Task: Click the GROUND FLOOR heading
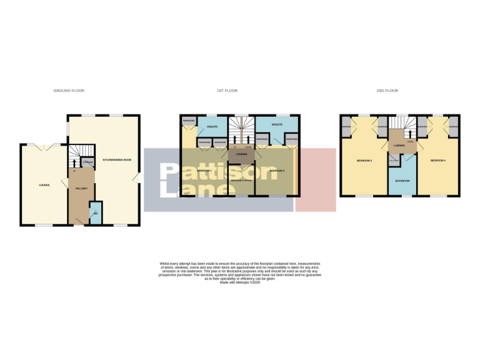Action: click(69, 91)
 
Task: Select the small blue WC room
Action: click(95, 213)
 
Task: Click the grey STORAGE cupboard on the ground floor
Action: click(87, 162)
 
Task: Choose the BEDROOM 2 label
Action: click(277, 170)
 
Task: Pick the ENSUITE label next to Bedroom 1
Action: click(211, 127)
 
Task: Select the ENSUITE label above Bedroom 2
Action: click(277, 124)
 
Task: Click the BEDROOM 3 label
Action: click(364, 161)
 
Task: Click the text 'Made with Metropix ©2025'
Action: click(240, 282)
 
